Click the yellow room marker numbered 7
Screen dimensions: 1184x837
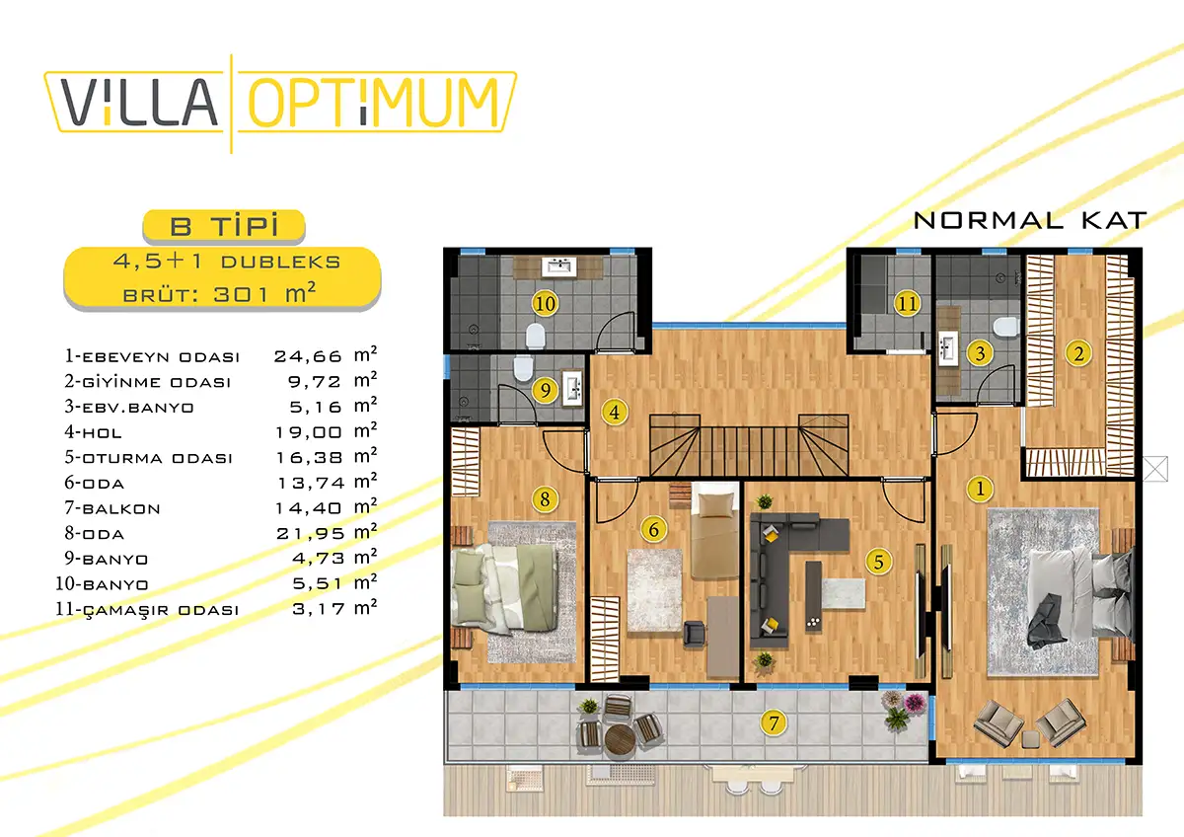pos(774,723)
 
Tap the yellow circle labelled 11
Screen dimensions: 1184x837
pos(908,303)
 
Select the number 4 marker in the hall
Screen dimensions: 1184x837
pos(614,412)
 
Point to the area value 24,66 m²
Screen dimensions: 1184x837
pos(326,354)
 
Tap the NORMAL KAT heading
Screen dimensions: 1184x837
pos(1030,220)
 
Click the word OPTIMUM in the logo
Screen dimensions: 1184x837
pos(373,103)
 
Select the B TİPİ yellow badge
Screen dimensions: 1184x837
pos(224,226)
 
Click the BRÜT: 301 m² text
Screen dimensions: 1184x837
pos(220,293)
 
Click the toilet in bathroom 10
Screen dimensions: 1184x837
pos(536,336)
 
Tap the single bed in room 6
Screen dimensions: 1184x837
pos(714,530)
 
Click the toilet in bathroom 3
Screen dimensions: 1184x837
pos(1005,328)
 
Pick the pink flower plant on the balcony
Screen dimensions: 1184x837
pos(914,703)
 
